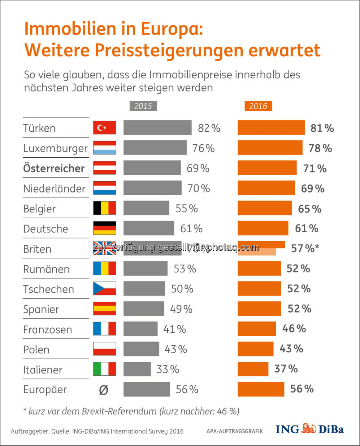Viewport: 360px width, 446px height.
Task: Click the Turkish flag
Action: [x=105, y=128]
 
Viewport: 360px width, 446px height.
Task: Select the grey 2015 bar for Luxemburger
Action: [x=155, y=148]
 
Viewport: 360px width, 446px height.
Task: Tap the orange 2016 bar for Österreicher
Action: [x=267, y=168]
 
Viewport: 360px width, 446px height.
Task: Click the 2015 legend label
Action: [x=143, y=106]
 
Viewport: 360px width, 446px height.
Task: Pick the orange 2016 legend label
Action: [x=258, y=106]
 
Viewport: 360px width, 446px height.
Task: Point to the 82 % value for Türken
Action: [x=209, y=128]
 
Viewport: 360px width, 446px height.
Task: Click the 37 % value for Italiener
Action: [x=286, y=369]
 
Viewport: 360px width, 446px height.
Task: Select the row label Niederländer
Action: [x=54, y=188]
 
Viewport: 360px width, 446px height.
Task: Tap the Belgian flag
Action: [x=105, y=208]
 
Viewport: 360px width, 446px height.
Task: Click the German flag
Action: [x=105, y=228]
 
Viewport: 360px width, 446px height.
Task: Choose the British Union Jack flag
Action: [x=105, y=248]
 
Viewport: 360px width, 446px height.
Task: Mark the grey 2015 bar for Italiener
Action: [x=137, y=369]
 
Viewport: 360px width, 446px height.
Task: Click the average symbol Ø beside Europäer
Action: [x=104, y=390]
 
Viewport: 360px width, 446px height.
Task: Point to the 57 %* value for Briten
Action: [x=305, y=248]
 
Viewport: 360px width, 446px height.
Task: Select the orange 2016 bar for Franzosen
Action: [x=257, y=329]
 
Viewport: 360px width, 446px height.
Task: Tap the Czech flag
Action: [x=105, y=289]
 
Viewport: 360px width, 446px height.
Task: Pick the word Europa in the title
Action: [x=172, y=29]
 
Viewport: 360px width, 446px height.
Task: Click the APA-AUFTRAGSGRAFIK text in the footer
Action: [x=235, y=431]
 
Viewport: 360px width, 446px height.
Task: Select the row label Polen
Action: [x=37, y=350]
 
